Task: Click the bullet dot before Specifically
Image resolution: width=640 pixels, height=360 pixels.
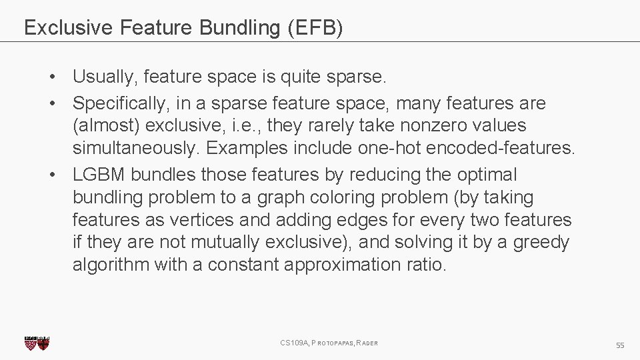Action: [51, 104]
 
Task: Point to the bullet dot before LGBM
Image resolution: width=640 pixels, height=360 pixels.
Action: [51, 175]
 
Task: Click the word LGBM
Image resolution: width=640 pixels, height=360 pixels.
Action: [99, 175]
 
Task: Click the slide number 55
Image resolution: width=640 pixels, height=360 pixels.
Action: [620, 345]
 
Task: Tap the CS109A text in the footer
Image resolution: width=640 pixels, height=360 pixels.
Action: [295, 343]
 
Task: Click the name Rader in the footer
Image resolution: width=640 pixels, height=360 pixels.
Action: [367, 343]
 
